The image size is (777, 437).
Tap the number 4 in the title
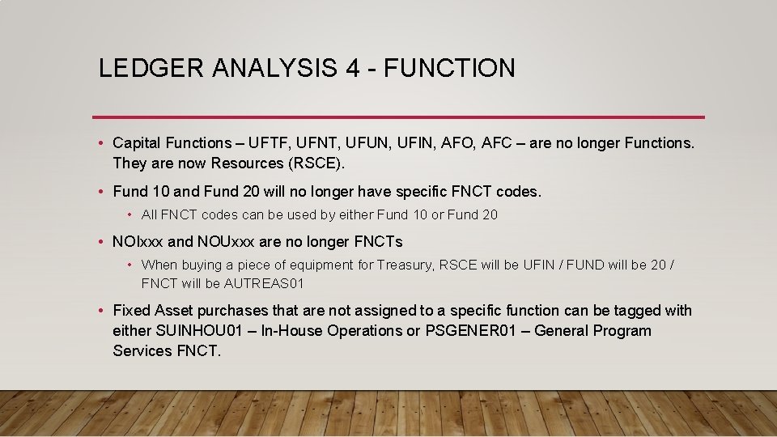click(x=352, y=68)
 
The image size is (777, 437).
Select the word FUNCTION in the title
click(x=449, y=68)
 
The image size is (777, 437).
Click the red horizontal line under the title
click(x=398, y=117)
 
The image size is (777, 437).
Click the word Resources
click(x=248, y=163)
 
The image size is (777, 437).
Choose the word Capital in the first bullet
click(x=138, y=143)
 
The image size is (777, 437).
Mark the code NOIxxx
click(x=138, y=241)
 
